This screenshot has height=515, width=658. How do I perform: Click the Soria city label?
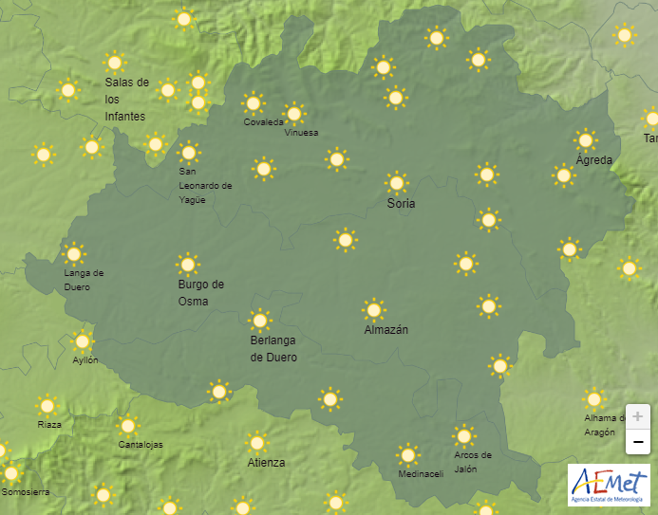click(x=401, y=204)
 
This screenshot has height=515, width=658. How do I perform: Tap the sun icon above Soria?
click(x=397, y=182)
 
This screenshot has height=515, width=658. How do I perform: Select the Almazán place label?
click(x=386, y=330)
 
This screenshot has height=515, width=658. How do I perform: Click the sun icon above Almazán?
click(x=374, y=309)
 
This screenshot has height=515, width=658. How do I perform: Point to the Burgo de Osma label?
click(x=201, y=293)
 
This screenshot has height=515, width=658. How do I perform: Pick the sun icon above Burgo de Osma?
click(x=188, y=265)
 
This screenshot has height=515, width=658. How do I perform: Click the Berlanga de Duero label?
click(x=273, y=349)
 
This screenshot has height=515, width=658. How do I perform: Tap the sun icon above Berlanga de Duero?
click(x=259, y=321)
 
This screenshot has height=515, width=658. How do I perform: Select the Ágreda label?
click(x=594, y=159)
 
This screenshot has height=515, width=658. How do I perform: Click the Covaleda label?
click(x=263, y=122)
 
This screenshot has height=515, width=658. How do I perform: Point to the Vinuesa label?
click(x=302, y=133)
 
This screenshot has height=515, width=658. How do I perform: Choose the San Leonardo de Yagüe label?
click(x=205, y=186)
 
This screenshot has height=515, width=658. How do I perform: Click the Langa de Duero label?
click(x=84, y=280)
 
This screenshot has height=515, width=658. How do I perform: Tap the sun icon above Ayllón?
click(x=83, y=341)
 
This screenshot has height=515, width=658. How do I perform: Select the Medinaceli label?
click(x=421, y=474)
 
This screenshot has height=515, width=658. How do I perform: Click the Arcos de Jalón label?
click(x=473, y=462)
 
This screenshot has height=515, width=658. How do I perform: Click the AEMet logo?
click(x=608, y=485)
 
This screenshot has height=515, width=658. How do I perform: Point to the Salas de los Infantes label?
click(x=126, y=99)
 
